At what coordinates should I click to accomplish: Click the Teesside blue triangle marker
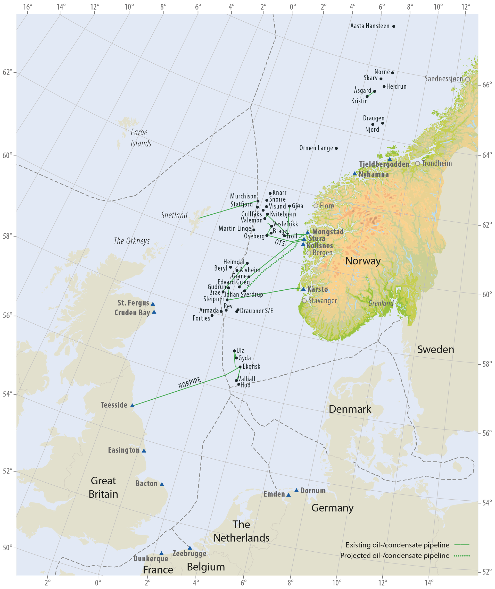coord(133,406)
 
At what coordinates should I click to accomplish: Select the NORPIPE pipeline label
coord(190,383)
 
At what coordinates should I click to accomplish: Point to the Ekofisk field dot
coord(240,367)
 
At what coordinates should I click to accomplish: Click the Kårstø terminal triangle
coord(303,289)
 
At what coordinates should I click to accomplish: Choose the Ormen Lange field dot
coord(336,148)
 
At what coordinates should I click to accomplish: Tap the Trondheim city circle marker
coord(418,163)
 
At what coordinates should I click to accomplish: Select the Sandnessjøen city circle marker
coord(467,79)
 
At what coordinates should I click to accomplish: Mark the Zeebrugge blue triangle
coord(190,548)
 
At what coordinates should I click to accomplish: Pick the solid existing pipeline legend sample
coord(461,545)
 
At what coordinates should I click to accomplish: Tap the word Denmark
coord(350,409)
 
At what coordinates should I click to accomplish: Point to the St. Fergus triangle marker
coord(153,304)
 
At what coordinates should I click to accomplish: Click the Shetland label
coord(174,215)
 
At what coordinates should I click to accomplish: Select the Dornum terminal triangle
coord(296,490)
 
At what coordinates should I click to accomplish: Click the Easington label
coord(124,450)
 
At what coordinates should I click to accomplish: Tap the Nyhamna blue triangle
coord(355,174)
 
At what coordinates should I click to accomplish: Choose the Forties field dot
coord(212,316)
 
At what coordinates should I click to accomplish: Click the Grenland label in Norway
coord(381,303)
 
